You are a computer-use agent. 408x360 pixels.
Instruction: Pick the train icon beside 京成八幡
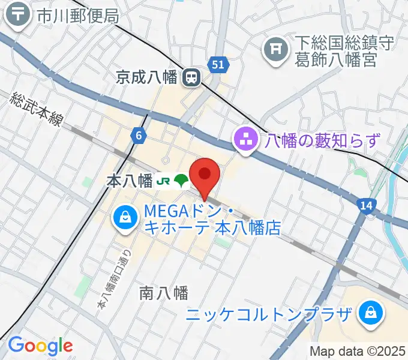click(x=192, y=77)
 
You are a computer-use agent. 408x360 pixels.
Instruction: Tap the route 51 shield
click(x=217, y=64)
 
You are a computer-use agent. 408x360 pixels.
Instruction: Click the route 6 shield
click(x=139, y=136)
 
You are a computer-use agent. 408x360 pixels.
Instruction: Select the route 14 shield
click(x=367, y=206)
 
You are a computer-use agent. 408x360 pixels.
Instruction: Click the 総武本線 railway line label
click(x=37, y=108)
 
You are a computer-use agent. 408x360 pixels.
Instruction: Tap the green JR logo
click(x=163, y=181)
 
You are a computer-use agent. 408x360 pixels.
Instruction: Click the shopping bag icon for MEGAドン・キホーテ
click(x=124, y=217)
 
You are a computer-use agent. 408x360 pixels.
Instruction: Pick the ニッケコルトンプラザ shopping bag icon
click(x=371, y=313)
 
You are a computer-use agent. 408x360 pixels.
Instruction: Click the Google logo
click(x=40, y=345)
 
